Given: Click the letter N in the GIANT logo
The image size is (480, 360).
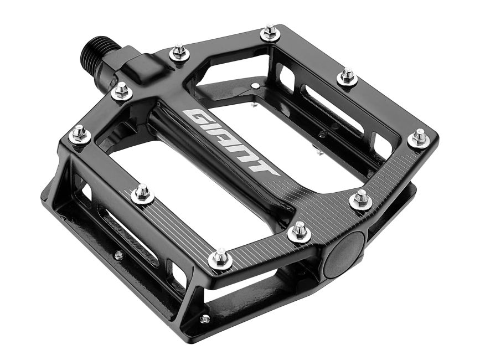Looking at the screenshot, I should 247,156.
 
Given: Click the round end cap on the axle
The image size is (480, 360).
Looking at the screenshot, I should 344,253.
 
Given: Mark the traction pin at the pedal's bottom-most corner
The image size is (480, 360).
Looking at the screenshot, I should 220,258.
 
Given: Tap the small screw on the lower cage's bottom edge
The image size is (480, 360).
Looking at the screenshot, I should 205,319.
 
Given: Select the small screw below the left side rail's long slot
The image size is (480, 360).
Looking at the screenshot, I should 118,255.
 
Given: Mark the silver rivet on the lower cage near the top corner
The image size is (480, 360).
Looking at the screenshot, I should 255,86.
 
